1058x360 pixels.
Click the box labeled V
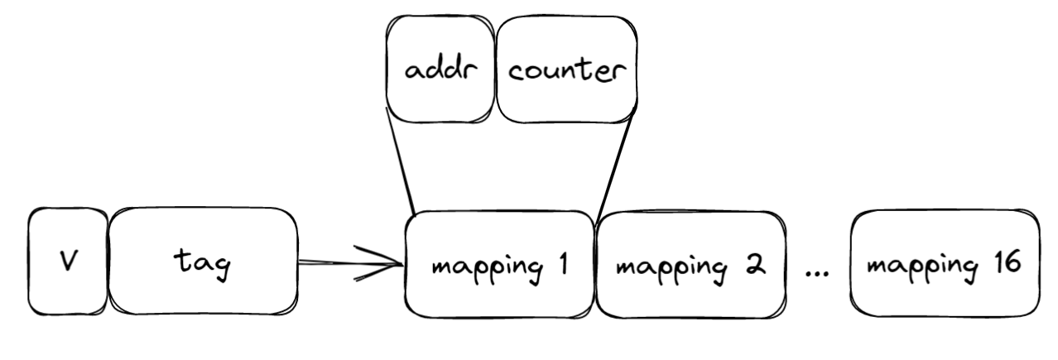click(68, 262)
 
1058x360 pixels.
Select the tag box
click(203, 262)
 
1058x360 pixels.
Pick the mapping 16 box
click(945, 263)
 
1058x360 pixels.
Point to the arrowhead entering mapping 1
click(394, 264)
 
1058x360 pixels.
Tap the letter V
click(68, 262)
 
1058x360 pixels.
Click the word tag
click(204, 265)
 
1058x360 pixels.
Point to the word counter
click(566, 71)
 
